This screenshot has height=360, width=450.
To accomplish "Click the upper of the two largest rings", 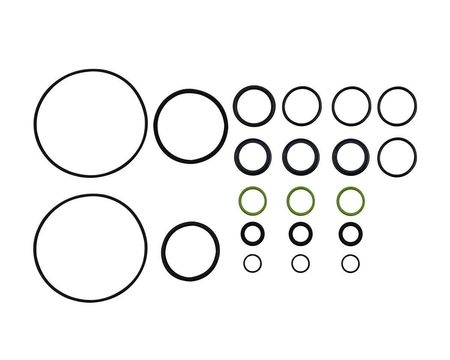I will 35,123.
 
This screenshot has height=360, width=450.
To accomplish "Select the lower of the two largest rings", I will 34,247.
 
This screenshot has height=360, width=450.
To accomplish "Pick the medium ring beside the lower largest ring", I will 163,251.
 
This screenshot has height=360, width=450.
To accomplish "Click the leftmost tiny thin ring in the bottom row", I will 244,263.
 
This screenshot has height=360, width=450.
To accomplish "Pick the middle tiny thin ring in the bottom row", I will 292,263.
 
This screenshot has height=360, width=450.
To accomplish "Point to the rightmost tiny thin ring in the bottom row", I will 342,263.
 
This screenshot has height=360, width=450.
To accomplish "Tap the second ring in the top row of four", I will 284,105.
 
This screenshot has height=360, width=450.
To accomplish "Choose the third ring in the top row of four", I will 333,106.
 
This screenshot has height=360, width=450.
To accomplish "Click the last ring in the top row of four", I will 379,106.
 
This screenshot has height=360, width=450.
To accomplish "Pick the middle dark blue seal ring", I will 285,157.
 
